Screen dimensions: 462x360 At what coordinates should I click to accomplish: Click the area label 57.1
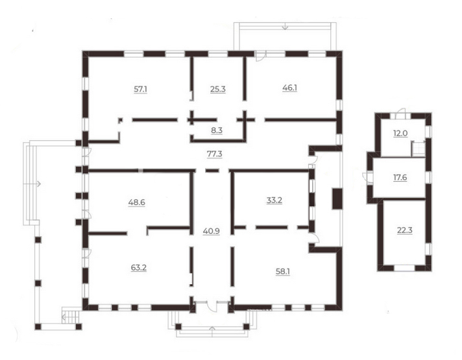coord(140,89)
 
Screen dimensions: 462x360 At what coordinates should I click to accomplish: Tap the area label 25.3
coord(218,89)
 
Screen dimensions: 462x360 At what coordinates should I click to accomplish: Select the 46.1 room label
coord(289,88)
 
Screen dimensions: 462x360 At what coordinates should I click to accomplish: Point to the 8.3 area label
coord(217,130)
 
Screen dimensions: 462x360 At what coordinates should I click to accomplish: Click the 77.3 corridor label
coord(215,154)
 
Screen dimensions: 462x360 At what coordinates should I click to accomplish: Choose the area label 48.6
coord(136,202)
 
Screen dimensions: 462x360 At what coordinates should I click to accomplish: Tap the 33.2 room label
coord(274,200)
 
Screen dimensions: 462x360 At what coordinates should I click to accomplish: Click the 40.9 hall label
coord(212,232)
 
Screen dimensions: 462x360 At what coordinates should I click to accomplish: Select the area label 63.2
coord(138,268)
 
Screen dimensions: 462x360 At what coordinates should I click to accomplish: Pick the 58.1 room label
coord(282,271)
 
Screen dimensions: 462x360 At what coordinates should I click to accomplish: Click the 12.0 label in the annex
coord(400,133)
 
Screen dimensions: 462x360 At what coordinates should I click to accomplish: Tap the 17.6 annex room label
coord(400,177)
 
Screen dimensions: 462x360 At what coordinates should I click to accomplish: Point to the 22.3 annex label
coord(404,230)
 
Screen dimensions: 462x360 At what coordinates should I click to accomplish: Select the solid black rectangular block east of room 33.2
coord(337,199)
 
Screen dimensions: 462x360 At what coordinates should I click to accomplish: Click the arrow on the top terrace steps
coord(285,26)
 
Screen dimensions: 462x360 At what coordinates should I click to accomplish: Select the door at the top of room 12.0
coord(400,114)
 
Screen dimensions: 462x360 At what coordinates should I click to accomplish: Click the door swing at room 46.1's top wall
coord(261,56)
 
